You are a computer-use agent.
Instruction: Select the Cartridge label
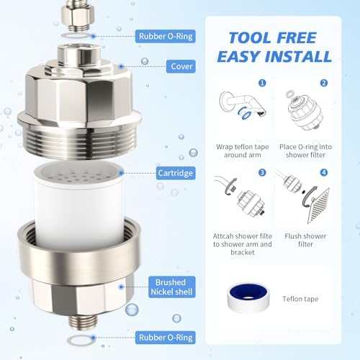tap(175, 174)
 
